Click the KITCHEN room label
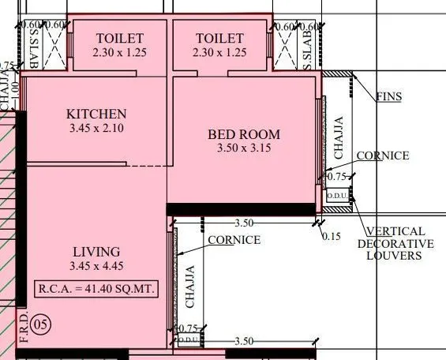pos(96,114)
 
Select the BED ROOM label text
pos(244,134)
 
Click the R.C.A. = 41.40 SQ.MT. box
pos(96,289)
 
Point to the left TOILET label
pos(119,38)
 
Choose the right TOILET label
pos(219,38)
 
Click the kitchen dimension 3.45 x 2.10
pos(96,128)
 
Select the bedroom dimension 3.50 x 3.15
pos(244,148)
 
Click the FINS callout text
pos(388,96)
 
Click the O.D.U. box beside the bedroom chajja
pos(338,195)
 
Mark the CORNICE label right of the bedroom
pos(383,156)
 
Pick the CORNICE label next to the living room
pos(234,239)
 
